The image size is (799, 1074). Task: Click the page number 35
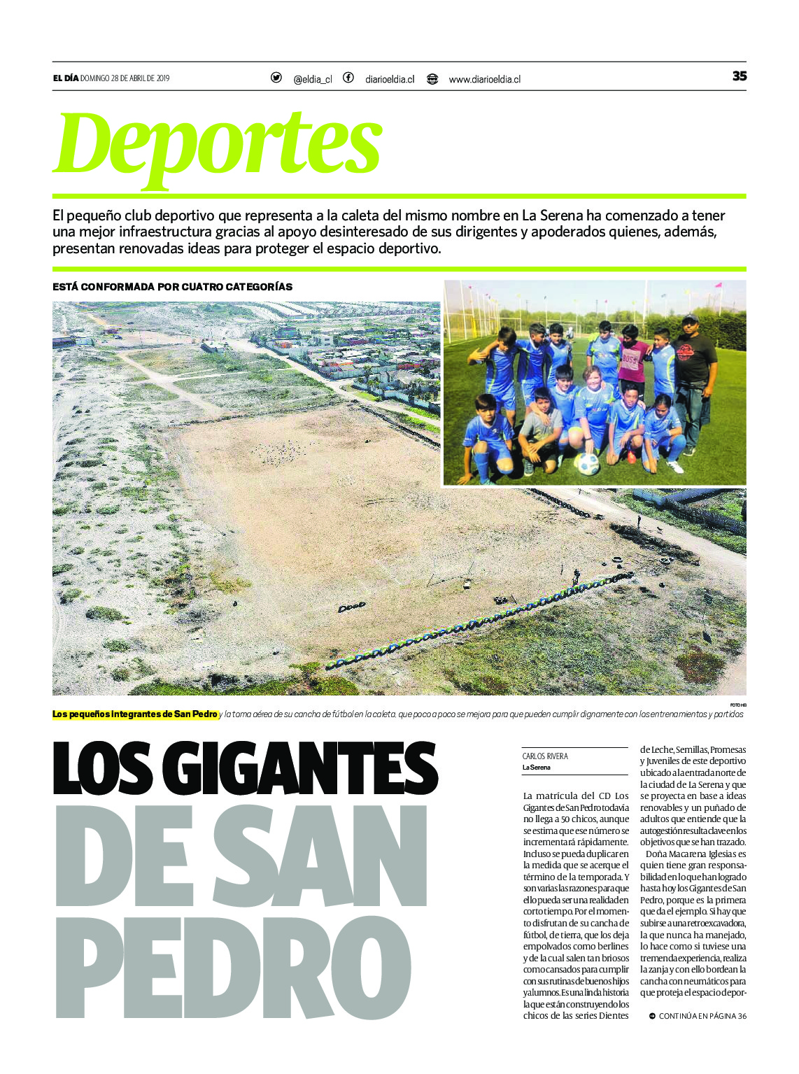(x=739, y=76)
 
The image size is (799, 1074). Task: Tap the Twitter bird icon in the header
(x=276, y=78)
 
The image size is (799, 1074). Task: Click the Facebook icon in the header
(x=348, y=78)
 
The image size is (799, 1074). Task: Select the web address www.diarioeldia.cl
(x=484, y=80)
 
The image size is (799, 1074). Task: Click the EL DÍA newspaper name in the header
(x=66, y=78)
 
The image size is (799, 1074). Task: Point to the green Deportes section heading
(x=218, y=146)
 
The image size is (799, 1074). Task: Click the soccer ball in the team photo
(x=588, y=463)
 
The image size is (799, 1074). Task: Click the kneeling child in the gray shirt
(x=541, y=427)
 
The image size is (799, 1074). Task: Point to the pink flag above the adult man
(x=718, y=285)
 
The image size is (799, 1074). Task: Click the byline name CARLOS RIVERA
(x=545, y=756)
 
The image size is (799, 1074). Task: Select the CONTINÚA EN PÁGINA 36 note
(x=702, y=1016)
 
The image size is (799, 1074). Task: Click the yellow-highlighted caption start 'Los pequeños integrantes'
(x=135, y=714)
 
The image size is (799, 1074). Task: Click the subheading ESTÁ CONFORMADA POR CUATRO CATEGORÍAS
(x=173, y=287)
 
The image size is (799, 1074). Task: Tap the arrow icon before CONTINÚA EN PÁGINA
(x=652, y=1016)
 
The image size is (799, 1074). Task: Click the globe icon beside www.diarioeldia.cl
(x=432, y=78)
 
